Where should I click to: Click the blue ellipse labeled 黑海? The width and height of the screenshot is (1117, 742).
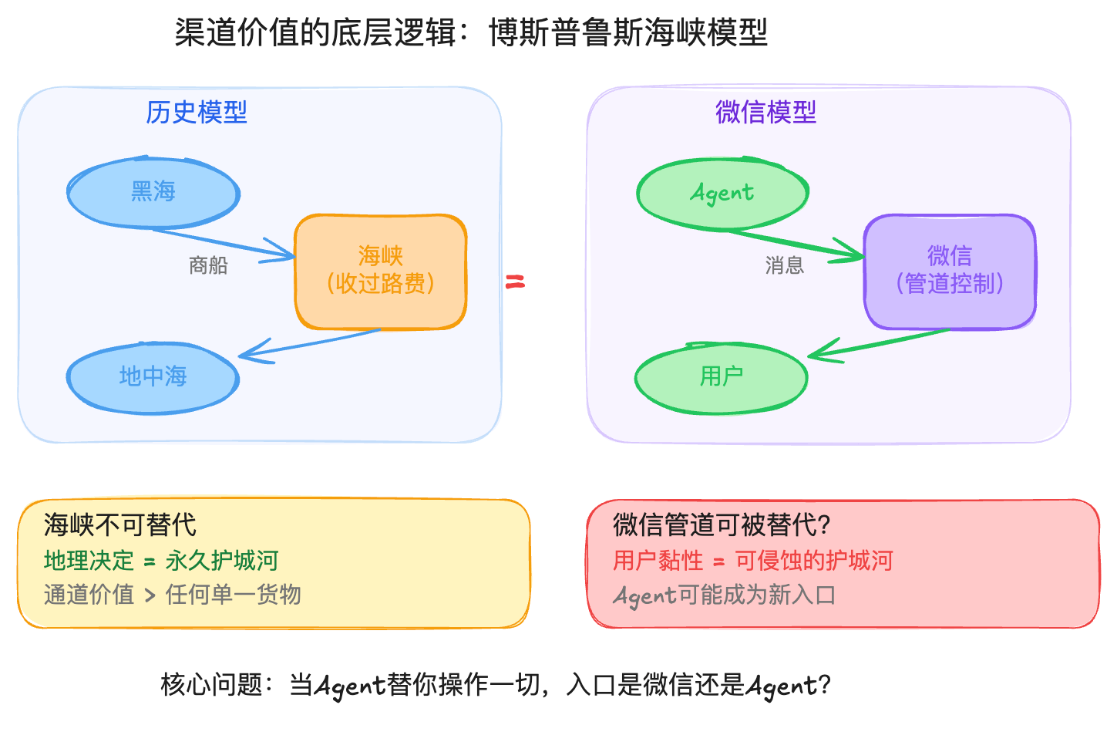[153, 192]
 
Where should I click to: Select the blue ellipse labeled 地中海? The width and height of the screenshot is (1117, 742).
[153, 377]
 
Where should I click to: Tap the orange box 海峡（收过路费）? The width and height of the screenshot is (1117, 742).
[381, 272]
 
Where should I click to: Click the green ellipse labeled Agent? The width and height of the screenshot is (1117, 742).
[722, 193]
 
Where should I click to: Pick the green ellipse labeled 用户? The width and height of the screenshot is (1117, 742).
[722, 377]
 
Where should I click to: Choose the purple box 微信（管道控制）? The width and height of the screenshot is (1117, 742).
[950, 272]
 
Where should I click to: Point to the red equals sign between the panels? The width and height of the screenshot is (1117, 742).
[515, 282]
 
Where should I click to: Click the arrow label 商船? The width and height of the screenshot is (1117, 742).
[208, 266]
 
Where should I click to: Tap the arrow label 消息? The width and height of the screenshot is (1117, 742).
[785, 266]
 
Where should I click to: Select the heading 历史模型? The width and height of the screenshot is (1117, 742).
[197, 113]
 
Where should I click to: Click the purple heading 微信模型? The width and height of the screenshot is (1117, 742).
[765, 113]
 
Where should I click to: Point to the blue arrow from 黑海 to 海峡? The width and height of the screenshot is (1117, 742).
[224, 242]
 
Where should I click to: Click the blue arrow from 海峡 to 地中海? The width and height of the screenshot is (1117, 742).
[308, 344]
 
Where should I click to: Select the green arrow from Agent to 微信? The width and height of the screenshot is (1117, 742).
[794, 243]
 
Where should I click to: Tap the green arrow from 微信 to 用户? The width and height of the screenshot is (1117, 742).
[879, 344]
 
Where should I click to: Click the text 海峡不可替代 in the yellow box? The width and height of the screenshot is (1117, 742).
[120, 525]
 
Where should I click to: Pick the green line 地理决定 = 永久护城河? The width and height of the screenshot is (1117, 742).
[160, 561]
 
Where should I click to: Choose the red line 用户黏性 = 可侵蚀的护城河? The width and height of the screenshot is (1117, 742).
[752, 561]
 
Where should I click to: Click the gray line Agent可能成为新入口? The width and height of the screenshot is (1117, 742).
[725, 595]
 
